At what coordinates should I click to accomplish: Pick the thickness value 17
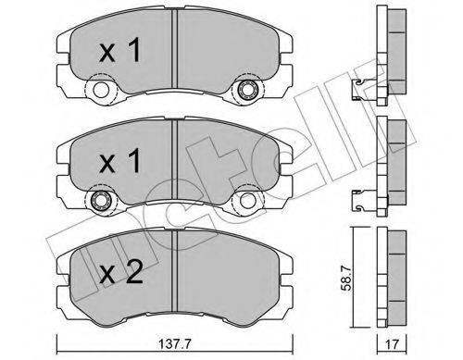pos(393,342)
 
